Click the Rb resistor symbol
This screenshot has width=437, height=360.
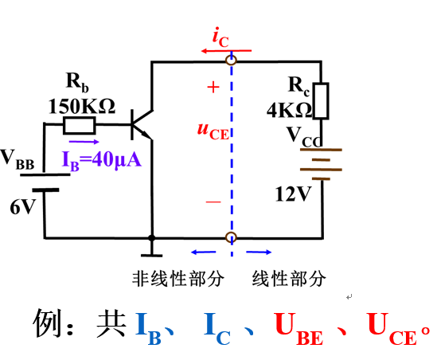click(80, 126)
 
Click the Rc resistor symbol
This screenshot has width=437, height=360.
click(321, 101)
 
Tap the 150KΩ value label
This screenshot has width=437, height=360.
click(82, 106)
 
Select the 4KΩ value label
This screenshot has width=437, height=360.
click(289, 110)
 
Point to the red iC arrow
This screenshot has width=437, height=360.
click(226, 51)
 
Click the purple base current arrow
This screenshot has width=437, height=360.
click(84, 142)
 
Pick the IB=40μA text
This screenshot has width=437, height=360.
click(101, 161)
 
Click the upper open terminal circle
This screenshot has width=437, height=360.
click(231, 61)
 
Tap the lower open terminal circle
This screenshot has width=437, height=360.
click(231, 238)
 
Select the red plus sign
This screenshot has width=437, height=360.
click(213, 88)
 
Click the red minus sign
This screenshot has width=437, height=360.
click(213, 202)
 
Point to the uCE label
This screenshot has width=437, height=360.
click(213, 131)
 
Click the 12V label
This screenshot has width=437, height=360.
click(293, 194)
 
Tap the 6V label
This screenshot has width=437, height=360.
click(23, 207)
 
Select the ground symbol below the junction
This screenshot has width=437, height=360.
click(151, 249)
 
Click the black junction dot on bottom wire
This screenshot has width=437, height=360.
click(151, 238)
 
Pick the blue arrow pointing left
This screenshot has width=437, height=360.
click(204, 252)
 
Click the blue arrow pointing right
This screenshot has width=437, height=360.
click(259, 252)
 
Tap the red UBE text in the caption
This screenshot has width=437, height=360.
click(298, 328)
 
